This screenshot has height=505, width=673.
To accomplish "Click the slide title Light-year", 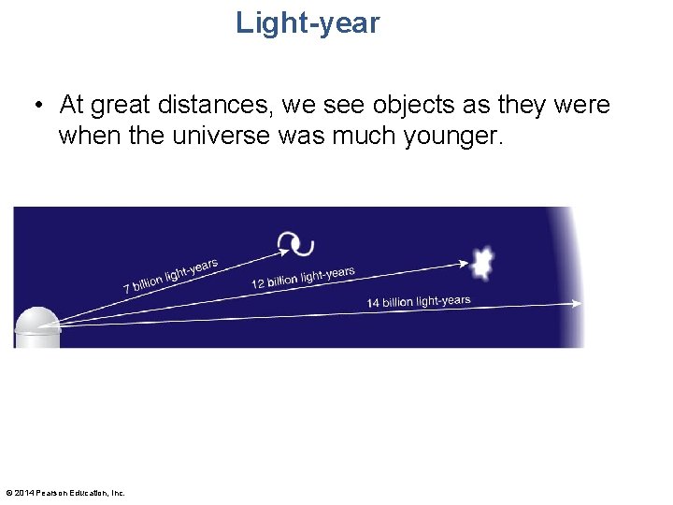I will [x=308, y=22].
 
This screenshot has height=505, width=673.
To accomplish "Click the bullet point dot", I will [x=36, y=104].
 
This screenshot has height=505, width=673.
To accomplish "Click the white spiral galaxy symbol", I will [x=296, y=244].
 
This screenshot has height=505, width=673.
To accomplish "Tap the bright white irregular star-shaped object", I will [x=482, y=265].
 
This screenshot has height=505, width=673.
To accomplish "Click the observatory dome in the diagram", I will [x=37, y=326].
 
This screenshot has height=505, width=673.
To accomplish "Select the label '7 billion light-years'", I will [x=171, y=276].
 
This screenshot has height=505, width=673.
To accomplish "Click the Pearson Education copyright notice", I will [x=65, y=493].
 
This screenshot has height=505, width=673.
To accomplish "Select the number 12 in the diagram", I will [x=258, y=284].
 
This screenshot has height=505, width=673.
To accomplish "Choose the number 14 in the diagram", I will [x=373, y=303].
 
